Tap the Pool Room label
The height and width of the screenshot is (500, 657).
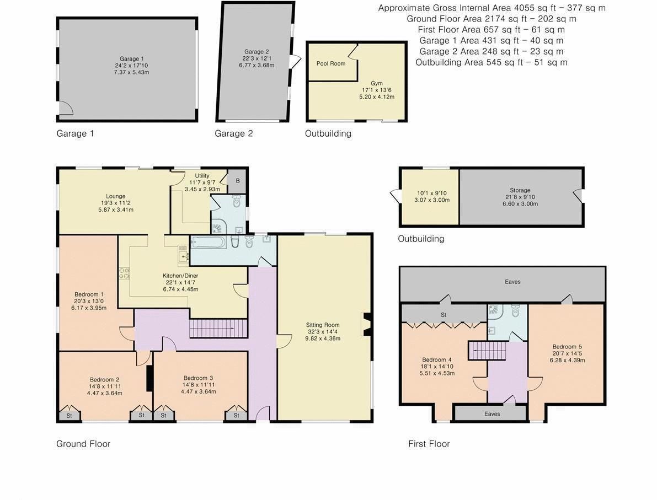pos(331,63)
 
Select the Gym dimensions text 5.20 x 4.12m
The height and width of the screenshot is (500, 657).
pos(377,96)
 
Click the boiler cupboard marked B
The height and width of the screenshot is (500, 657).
pos(238,180)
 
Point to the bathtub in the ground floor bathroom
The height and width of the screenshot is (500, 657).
pos(208,243)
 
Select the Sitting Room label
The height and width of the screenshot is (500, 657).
pos(323,325)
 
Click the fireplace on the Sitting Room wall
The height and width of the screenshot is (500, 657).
pos(366,325)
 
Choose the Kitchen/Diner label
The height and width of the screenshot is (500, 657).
pos(180,276)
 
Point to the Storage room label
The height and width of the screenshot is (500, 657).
pos(520,190)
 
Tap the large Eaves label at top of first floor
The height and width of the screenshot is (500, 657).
pos(512,282)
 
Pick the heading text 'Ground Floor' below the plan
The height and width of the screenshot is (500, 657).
pos(83,444)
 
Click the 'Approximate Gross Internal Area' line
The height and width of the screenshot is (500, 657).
pos(492,8)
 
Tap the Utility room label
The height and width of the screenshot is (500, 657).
pos(202,175)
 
